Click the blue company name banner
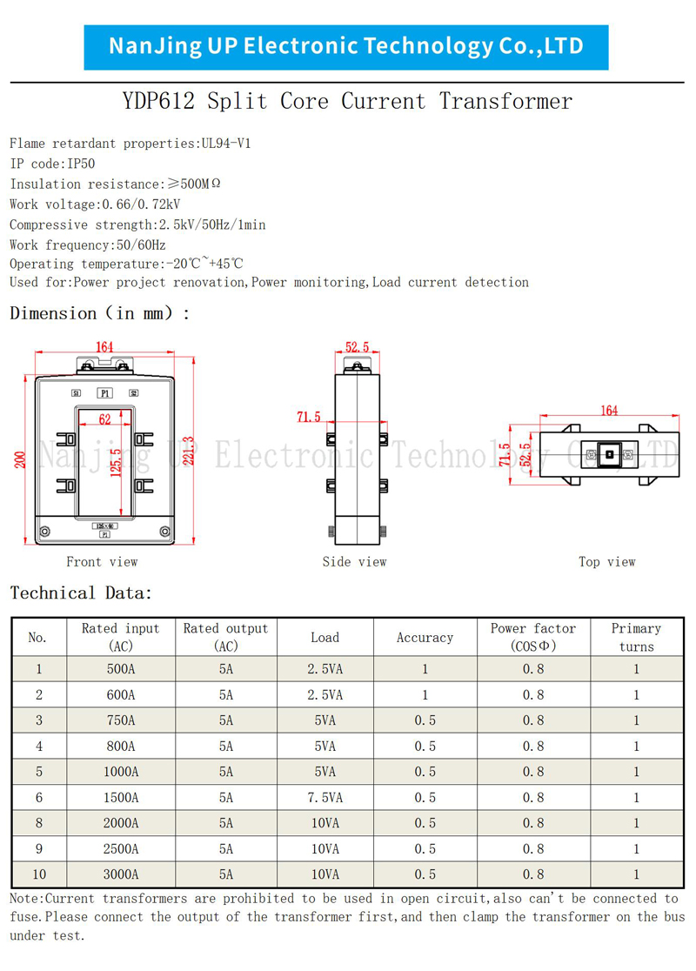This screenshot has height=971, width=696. pyautogui.click(x=346, y=47)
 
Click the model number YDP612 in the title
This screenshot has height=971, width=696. pyautogui.click(x=158, y=101)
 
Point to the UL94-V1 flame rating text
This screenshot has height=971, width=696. pyautogui.click(x=226, y=143)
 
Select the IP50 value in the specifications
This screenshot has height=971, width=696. pyautogui.click(x=81, y=164)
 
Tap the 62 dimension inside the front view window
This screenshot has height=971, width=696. pyautogui.click(x=104, y=419)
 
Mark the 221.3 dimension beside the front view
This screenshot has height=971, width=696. pyautogui.click(x=189, y=450)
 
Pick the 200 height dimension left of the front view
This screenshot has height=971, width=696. pyautogui.click(x=20, y=459)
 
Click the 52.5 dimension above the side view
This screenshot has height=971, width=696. pyautogui.click(x=358, y=347)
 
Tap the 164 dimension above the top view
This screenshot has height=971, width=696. pyautogui.click(x=609, y=410)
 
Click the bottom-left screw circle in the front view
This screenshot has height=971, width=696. pyautogui.click(x=44, y=532)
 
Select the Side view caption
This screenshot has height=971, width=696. pyautogui.click(x=354, y=562)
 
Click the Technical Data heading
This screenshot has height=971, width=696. pyautogui.click(x=81, y=593)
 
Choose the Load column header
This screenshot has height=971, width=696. pyautogui.click(x=325, y=637)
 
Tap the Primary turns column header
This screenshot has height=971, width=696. pyautogui.click(x=637, y=637)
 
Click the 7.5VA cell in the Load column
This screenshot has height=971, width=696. pyautogui.click(x=325, y=798)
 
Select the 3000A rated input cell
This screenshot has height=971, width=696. pyautogui.click(x=121, y=874)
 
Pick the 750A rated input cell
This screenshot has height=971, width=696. pyautogui.click(x=121, y=720)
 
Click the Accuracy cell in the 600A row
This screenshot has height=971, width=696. pyautogui.click(x=425, y=695)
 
